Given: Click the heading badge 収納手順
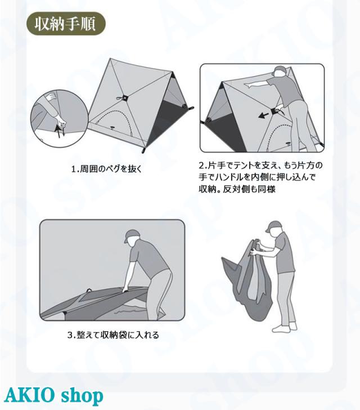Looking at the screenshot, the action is click(x=66, y=24).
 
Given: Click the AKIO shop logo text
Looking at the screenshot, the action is click(x=53, y=395).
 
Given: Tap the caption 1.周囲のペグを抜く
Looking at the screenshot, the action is click(x=106, y=169).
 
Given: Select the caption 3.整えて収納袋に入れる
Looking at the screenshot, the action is click(x=113, y=335).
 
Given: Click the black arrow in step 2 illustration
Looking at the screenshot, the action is click(x=264, y=115).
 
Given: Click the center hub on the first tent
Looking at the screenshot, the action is click(x=125, y=98).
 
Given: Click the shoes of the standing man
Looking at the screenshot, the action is click(x=284, y=327).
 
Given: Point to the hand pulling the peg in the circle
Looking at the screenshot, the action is click(x=60, y=121).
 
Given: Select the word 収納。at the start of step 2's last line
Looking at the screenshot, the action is click(x=210, y=189).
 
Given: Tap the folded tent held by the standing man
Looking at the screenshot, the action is click(x=247, y=280).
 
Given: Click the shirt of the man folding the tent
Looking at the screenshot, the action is click(x=148, y=258).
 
